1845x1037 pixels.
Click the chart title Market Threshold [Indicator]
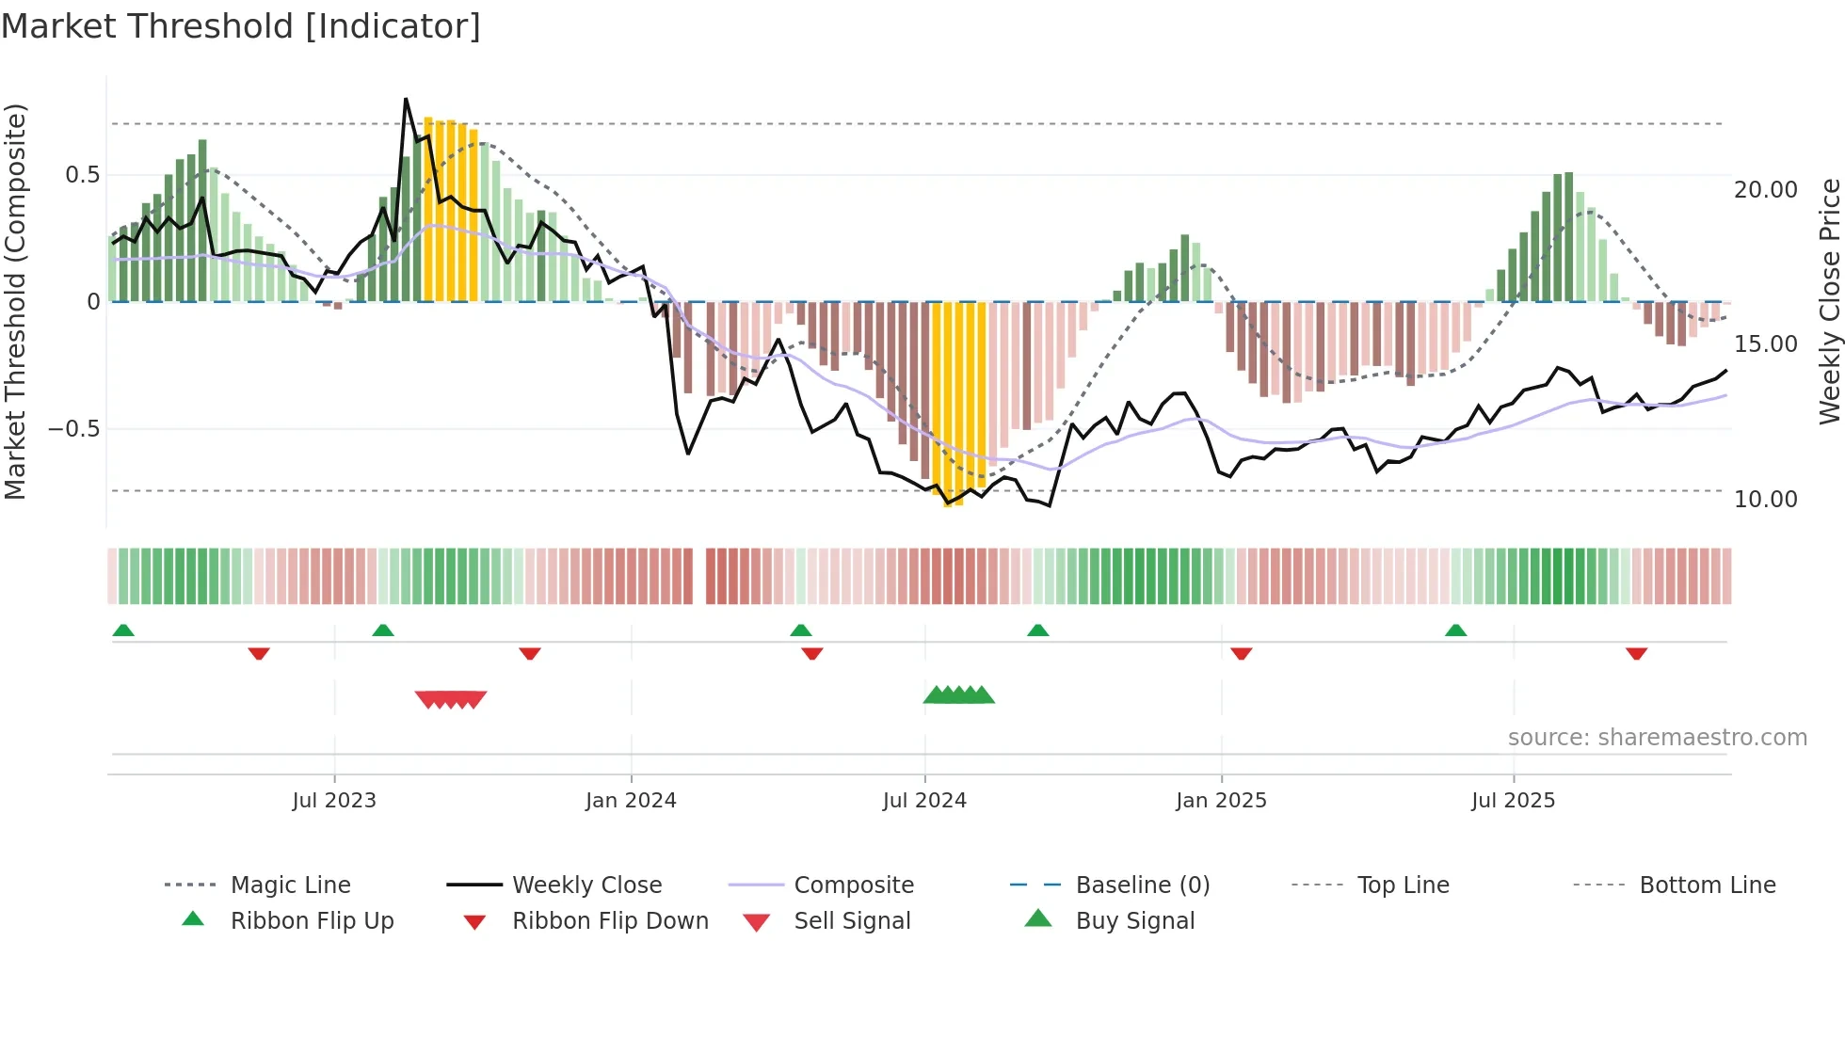[x=241, y=26]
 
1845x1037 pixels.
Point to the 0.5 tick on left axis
[x=82, y=175]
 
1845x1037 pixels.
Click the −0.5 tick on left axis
[x=74, y=429]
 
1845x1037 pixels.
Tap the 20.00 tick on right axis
[x=1765, y=190]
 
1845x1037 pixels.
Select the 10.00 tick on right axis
[x=1765, y=500]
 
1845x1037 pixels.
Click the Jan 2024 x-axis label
[x=631, y=801]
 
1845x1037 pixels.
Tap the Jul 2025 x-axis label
[x=1513, y=801]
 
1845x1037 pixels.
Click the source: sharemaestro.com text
[x=1657, y=738]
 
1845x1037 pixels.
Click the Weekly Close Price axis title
[x=1828, y=301]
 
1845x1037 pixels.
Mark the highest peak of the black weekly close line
[x=406, y=99]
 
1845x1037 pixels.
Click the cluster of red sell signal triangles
[x=451, y=699]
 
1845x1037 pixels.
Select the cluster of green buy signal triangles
[x=958, y=695]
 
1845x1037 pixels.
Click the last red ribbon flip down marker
[x=1636, y=653]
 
